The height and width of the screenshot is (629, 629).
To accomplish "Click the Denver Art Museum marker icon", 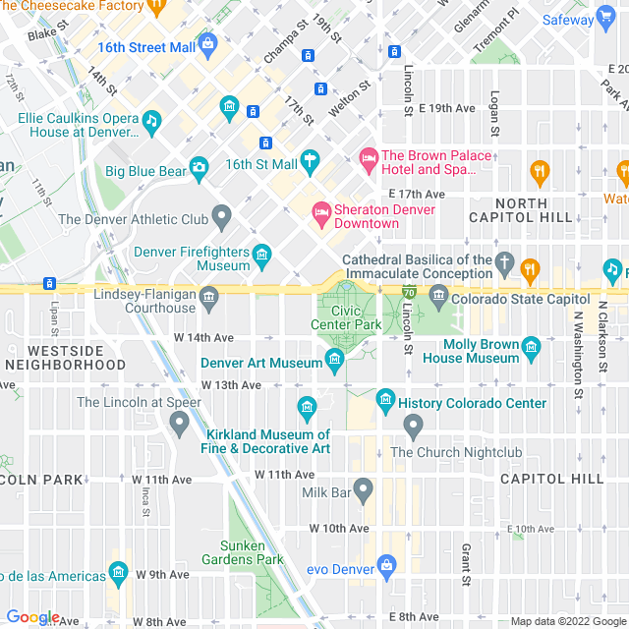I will click(334, 364).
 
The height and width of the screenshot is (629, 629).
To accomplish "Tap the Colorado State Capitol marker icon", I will click(438, 294).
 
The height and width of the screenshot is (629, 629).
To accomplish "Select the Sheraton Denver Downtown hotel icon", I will click(321, 211).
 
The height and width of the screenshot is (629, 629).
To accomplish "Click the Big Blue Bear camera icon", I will click(200, 169).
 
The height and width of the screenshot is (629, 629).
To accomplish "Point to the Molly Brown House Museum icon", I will click(532, 347).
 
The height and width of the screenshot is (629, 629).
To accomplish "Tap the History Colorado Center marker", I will click(385, 401).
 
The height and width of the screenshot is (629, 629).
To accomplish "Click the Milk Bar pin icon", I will click(364, 488).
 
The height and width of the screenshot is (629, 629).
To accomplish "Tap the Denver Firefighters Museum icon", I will click(261, 255).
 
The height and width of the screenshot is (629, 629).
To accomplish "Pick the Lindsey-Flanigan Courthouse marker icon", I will click(208, 297).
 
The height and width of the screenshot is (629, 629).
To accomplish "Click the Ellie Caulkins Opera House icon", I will click(150, 121).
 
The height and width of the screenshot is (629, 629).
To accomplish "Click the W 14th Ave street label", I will click(204, 337).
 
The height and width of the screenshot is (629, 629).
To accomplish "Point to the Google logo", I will click(32, 617).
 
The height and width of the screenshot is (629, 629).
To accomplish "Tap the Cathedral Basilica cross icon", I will click(504, 262).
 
